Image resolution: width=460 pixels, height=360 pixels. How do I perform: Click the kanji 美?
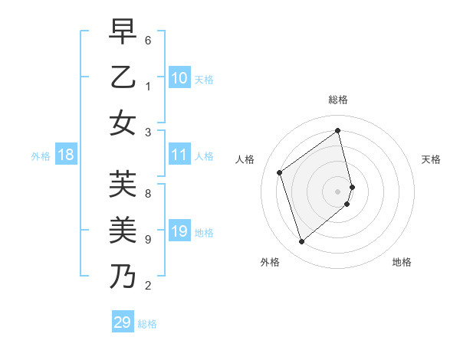123,229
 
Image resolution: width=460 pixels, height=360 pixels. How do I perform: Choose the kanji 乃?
123,275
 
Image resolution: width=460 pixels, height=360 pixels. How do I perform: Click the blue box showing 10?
179,78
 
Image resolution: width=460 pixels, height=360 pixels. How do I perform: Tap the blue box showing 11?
179,155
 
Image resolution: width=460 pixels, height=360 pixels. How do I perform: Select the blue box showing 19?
179,231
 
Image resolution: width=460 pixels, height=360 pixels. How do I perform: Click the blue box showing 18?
66,155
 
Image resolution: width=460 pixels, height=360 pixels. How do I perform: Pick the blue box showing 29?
123,322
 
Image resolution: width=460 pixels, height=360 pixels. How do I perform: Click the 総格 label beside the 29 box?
147,324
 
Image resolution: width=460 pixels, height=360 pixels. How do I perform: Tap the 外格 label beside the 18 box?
41,156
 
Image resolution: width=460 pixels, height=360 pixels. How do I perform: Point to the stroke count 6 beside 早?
148,39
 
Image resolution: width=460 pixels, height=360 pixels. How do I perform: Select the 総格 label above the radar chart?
338,100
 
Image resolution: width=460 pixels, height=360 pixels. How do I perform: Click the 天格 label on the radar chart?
431,159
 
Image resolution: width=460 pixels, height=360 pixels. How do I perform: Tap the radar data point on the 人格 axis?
280,172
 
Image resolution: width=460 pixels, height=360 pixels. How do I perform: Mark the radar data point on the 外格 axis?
301,242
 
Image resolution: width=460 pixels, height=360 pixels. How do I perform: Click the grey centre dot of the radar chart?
337,191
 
